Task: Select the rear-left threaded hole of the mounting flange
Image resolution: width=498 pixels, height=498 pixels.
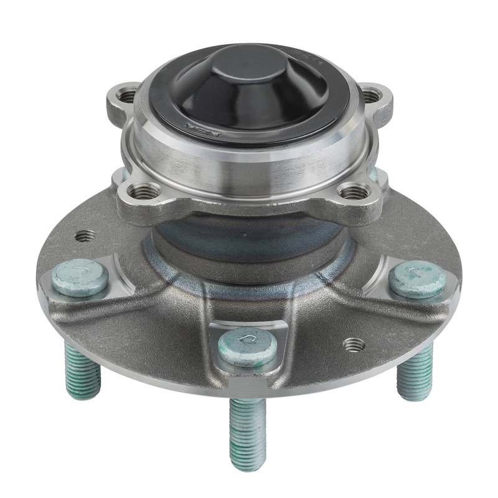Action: [x=128, y=95]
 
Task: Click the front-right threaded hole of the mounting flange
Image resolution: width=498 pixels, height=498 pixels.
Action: [x=352, y=192]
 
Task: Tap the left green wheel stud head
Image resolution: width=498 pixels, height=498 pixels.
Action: [x=80, y=278]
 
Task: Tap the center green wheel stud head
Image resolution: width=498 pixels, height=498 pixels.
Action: [x=248, y=345]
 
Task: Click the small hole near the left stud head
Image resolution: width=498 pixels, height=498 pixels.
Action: [x=85, y=236]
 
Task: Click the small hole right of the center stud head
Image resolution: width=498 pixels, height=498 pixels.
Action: [x=353, y=344]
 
